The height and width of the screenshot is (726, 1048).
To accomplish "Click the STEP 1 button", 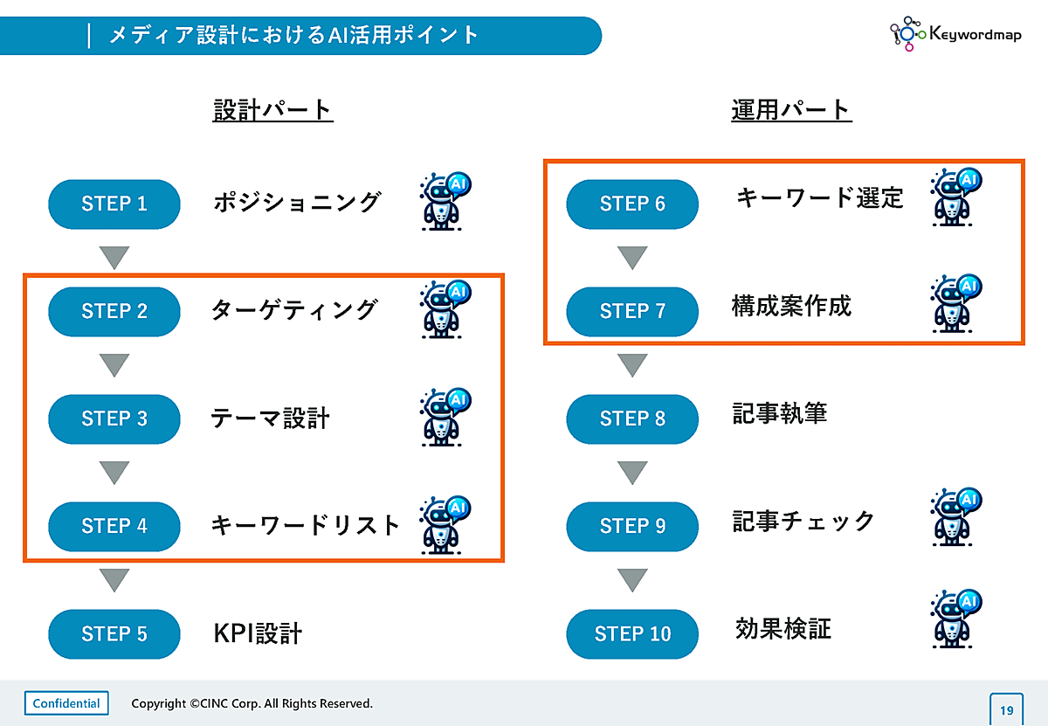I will click(x=114, y=204).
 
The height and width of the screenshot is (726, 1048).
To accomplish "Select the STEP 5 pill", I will click(x=114, y=633).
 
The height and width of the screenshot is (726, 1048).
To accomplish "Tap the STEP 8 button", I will click(x=632, y=418).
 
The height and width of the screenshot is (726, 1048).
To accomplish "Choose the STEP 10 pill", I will click(x=632, y=633).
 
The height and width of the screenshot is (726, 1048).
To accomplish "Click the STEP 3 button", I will click(x=114, y=418).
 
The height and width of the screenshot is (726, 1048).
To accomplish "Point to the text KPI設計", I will click(x=258, y=633).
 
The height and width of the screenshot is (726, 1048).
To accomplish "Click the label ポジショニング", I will click(x=297, y=203).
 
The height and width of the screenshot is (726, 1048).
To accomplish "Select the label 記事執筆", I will click(x=779, y=413).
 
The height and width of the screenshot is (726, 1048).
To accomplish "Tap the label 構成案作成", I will click(x=791, y=306).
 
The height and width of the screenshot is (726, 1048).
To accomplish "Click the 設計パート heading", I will click(x=272, y=110).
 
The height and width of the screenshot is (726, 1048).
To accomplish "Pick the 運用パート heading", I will click(x=791, y=110).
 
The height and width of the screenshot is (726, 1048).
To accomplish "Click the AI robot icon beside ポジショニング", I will click(x=445, y=201).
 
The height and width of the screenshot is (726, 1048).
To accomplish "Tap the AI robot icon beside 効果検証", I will click(x=956, y=618).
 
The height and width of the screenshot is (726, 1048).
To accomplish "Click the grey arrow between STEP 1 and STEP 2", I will click(x=114, y=258).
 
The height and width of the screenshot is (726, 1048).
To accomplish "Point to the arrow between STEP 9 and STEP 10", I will click(x=632, y=579).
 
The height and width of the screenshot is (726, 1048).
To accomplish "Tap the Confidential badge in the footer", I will click(x=66, y=703).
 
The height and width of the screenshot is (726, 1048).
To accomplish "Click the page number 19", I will click(x=1007, y=709).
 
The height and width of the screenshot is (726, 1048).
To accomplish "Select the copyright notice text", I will click(x=252, y=703).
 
